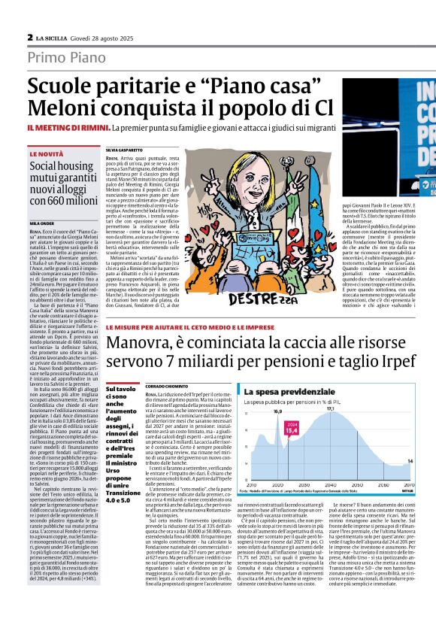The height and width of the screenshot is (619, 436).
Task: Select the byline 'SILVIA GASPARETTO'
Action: click(x=123, y=150)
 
